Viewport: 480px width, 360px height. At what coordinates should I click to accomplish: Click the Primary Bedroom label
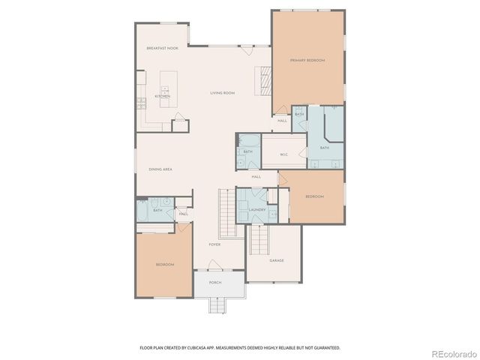(x=307, y=60)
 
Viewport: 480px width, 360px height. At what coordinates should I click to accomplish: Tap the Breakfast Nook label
(x=162, y=48)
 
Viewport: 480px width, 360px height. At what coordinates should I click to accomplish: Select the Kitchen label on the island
(x=163, y=97)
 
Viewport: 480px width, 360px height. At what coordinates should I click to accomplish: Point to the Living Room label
(x=222, y=93)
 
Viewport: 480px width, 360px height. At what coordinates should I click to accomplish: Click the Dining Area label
(x=160, y=169)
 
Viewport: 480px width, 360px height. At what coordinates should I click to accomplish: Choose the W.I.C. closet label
(x=284, y=155)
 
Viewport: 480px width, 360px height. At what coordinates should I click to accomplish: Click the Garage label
(x=277, y=260)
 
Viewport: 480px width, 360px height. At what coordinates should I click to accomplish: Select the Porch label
(x=215, y=283)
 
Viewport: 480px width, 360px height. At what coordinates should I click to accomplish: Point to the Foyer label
(x=214, y=244)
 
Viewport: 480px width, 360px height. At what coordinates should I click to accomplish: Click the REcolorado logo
(x=451, y=353)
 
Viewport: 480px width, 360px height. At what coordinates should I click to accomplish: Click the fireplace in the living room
(x=263, y=79)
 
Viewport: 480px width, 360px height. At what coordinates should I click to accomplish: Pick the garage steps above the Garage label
(x=259, y=239)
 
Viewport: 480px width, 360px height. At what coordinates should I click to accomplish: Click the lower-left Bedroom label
(x=165, y=265)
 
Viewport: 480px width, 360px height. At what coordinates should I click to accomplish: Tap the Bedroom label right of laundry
(x=314, y=196)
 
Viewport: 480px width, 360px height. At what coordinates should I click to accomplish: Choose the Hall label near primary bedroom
(x=282, y=121)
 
